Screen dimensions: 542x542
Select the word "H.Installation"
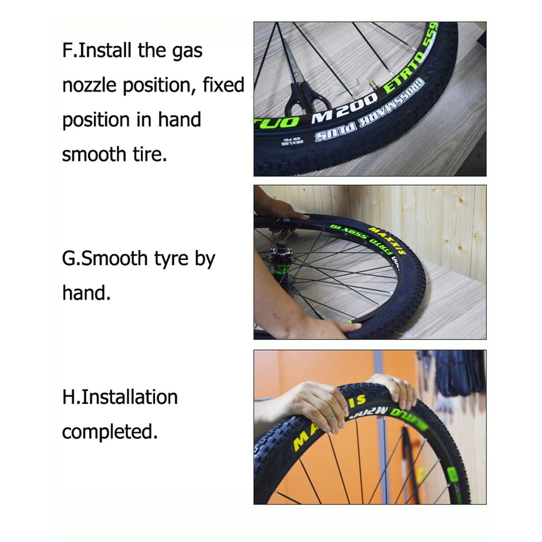coord(120,397)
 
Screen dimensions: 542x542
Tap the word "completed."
coord(110,431)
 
